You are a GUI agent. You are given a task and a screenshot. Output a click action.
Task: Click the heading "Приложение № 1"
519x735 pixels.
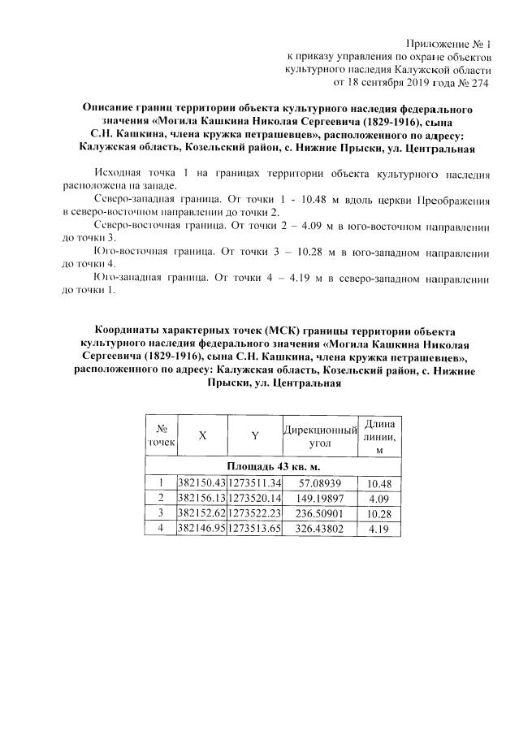(453, 43)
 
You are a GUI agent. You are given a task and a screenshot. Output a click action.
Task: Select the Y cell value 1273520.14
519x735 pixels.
(254, 497)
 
